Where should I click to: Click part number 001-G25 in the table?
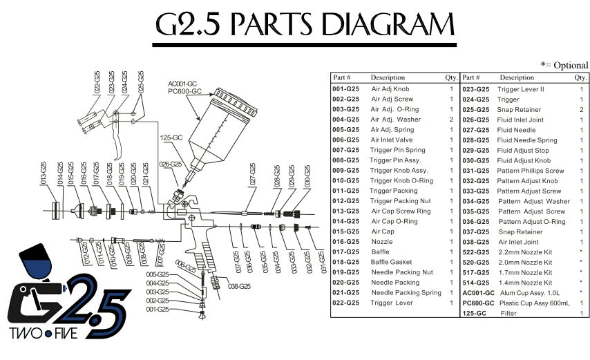[345, 89]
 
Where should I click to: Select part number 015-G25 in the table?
[345, 231]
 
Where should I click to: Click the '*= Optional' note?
[564, 65]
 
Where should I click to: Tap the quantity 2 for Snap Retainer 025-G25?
[581, 110]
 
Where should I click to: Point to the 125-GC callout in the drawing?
[171, 138]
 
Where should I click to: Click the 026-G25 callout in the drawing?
[170, 164]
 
